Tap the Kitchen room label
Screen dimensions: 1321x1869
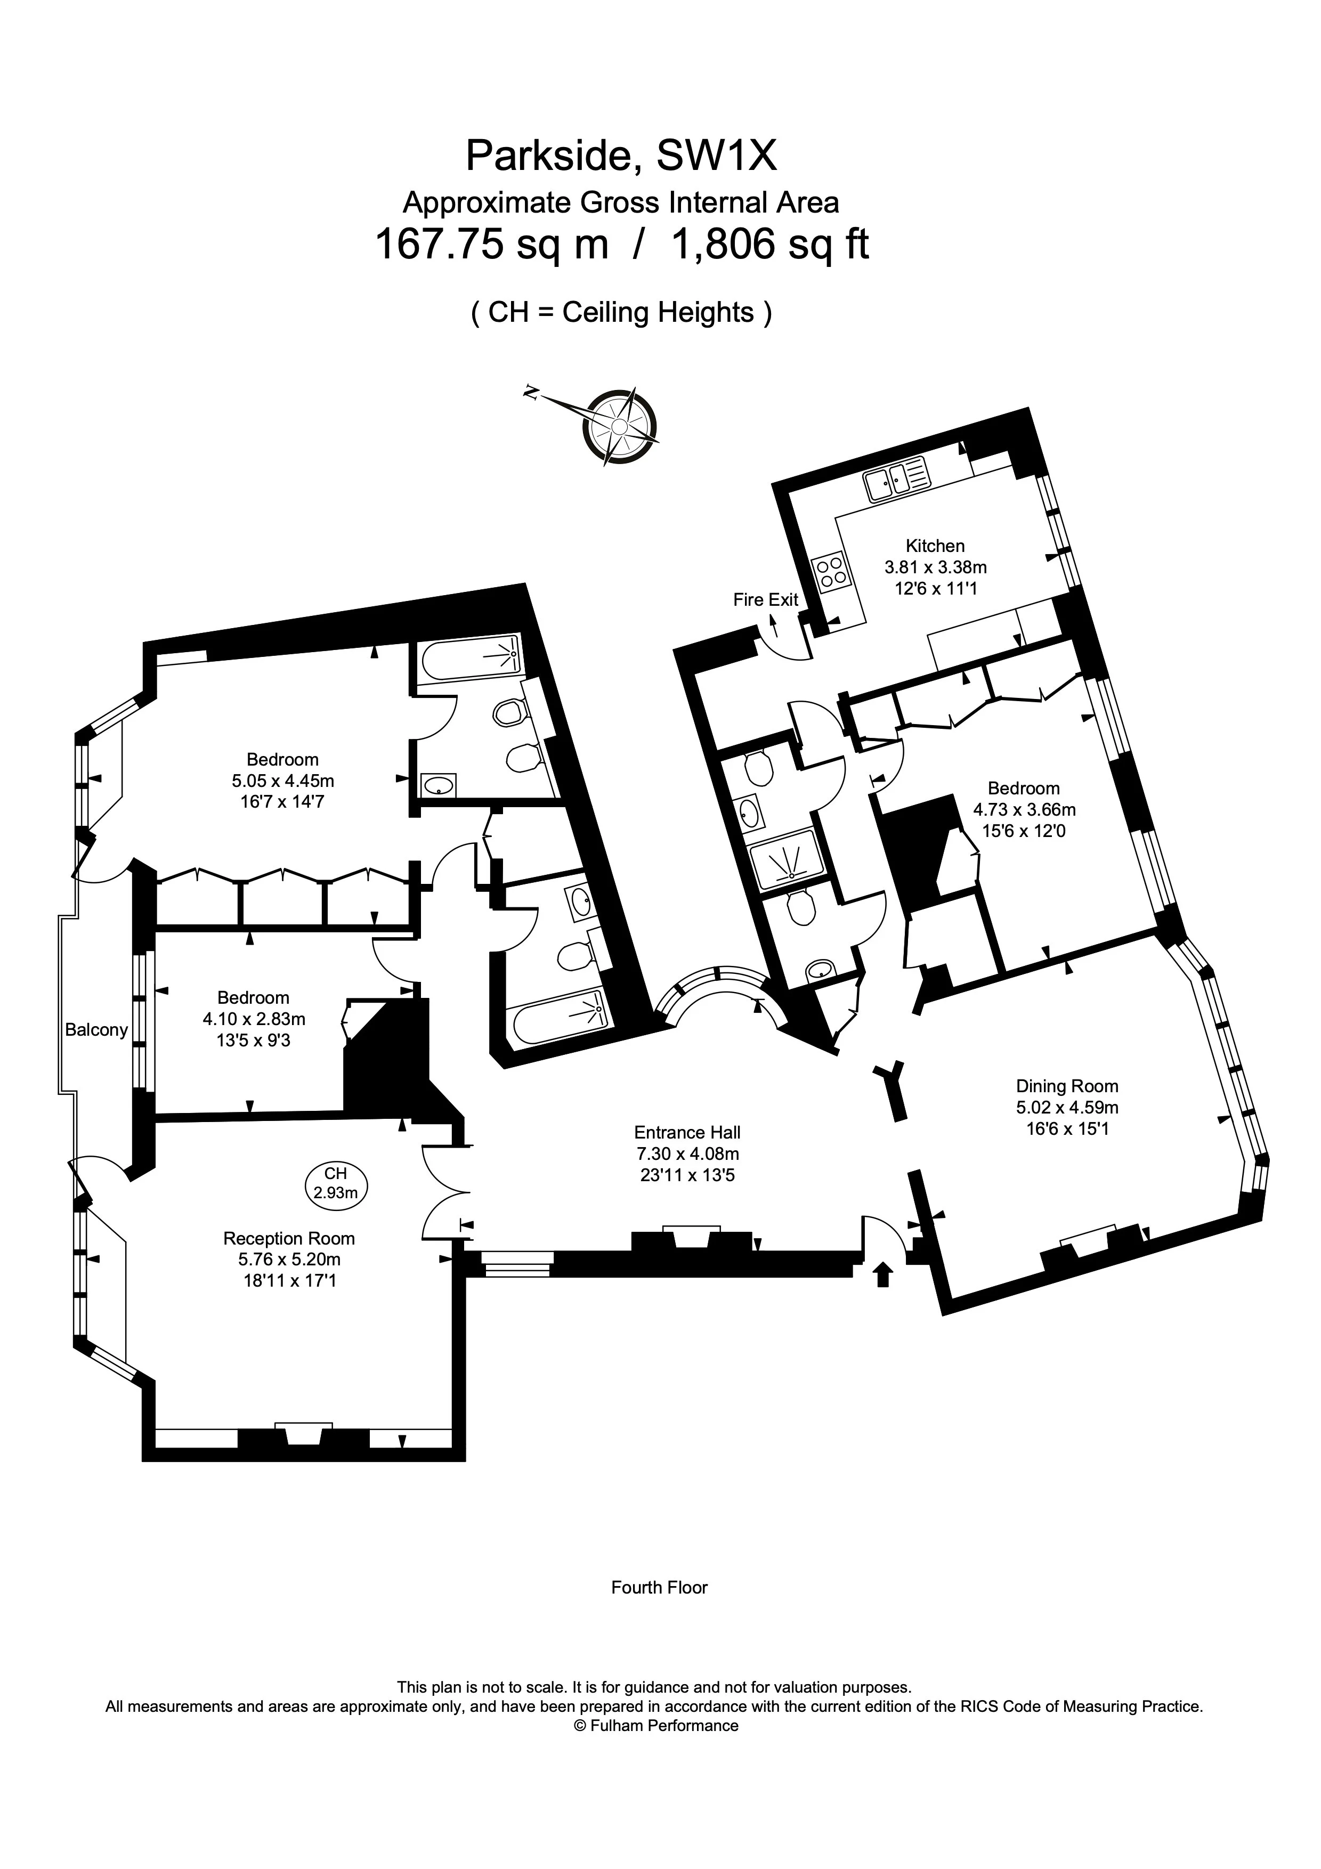tap(935, 546)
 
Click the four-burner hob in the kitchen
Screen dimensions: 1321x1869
tap(830, 570)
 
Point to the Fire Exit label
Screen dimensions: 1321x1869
tap(766, 600)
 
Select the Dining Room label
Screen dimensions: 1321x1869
tap(1067, 1086)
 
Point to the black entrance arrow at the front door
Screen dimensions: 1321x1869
tap(882, 1273)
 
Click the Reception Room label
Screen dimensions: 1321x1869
tap(289, 1238)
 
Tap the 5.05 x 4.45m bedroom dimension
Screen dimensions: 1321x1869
tap(283, 781)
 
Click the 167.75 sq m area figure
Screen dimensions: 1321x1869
tap(492, 243)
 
